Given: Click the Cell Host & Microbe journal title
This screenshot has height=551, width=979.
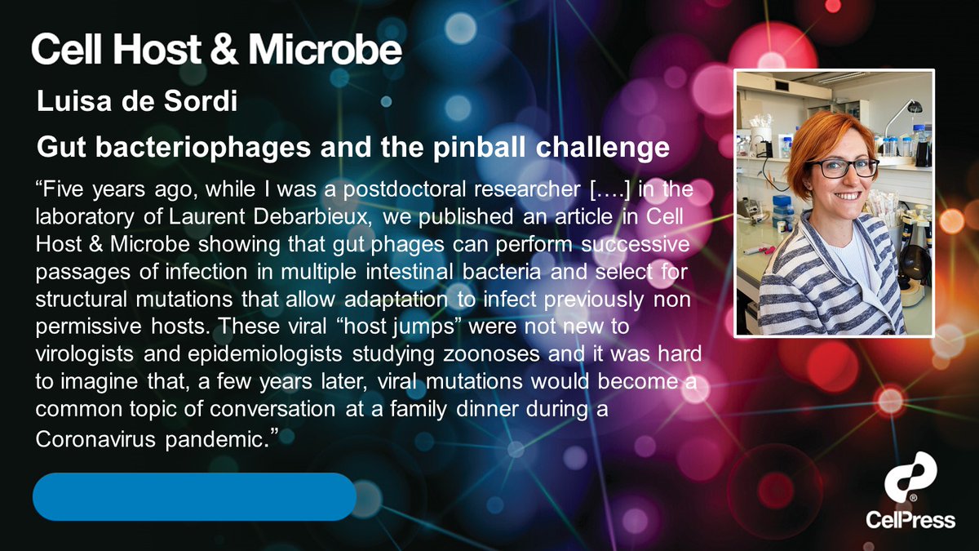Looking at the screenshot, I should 216,50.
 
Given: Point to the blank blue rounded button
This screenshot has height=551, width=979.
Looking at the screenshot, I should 194,496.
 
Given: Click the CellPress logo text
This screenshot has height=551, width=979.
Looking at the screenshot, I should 910,519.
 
